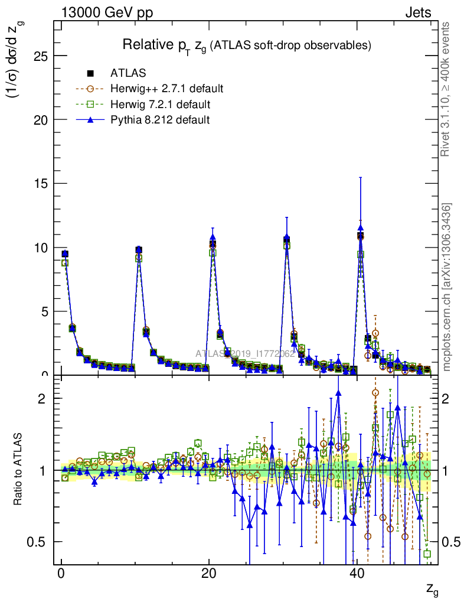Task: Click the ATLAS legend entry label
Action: (128, 73)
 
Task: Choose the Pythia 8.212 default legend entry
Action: (159, 120)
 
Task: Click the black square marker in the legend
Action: (90, 73)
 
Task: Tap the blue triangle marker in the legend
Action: (90, 120)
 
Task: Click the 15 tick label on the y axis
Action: (40, 184)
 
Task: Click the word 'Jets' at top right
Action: (418, 12)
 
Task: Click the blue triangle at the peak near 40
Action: (360, 228)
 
